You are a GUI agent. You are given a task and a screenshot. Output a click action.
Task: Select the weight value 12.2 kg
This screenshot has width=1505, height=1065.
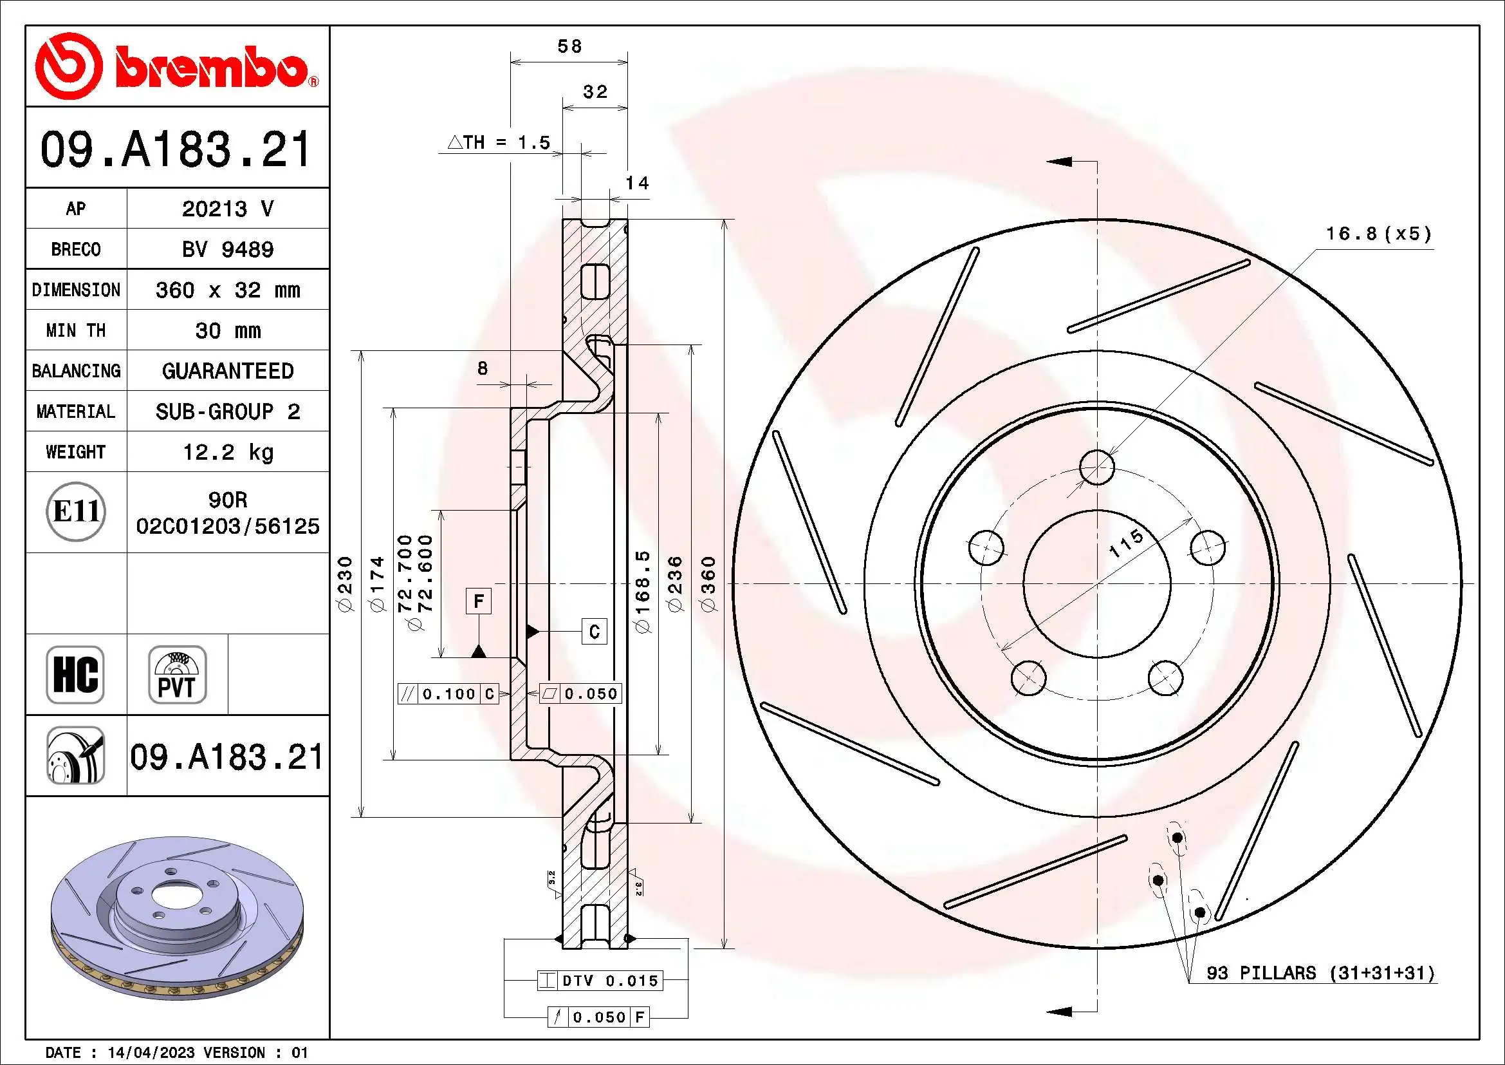[227, 452]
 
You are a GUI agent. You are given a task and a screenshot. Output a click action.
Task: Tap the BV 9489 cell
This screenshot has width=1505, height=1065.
[227, 249]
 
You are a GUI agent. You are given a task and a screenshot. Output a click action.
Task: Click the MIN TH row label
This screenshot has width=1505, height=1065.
[75, 330]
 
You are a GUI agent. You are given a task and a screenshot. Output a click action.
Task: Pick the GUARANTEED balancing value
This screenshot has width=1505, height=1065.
[227, 371]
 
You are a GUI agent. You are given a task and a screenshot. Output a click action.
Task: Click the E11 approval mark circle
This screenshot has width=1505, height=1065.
[76, 511]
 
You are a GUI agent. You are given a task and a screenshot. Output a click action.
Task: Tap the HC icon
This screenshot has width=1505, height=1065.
[75, 674]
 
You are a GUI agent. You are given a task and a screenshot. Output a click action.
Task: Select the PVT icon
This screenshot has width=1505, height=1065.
[177, 674]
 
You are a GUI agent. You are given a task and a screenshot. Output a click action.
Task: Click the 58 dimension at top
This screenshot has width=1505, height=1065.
[569, 46]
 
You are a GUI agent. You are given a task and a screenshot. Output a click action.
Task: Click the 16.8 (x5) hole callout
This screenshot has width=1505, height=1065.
[1378, 234]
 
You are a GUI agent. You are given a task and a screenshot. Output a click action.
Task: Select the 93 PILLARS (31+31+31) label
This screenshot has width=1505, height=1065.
[1320, 972]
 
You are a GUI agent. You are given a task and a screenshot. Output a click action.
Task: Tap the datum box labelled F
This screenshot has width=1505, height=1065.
[479, 601]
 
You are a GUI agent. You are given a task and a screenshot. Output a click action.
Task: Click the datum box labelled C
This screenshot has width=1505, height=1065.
[594, 632]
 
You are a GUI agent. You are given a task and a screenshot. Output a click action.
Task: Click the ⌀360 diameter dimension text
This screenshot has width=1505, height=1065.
[708, 583]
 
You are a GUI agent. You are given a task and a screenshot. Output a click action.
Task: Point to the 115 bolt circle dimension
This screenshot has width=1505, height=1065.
[1125, 543]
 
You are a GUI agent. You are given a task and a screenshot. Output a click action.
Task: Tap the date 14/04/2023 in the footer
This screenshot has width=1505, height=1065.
[151, 1053]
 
